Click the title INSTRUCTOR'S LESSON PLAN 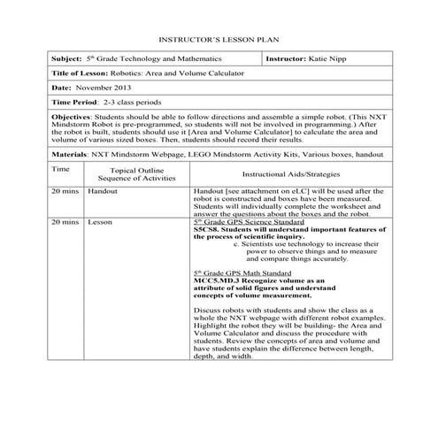coord(219,42)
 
